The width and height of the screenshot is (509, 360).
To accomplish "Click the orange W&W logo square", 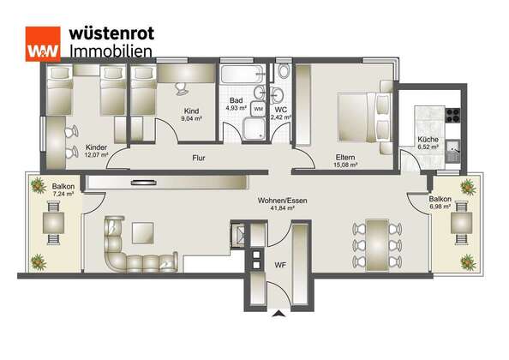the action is [x=43, y=44].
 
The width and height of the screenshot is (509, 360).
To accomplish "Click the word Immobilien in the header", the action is [x=111, y=51].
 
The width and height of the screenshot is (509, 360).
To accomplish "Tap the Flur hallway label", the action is [x=199, y=158].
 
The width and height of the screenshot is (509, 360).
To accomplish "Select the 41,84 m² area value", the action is [x=283, y=208].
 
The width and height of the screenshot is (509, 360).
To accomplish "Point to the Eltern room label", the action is [x=345, y=157].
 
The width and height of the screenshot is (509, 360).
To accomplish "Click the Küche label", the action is [x=428, y=140].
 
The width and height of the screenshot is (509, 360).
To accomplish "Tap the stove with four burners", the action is [x=452, y=115].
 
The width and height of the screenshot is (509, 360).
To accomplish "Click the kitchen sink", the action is [x=452, y=151].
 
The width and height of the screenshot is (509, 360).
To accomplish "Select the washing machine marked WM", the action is [x=259, y=109].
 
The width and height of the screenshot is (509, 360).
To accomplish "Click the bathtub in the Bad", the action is [x=243, y=74].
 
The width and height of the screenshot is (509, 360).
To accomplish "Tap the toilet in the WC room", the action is [x=284, y=71].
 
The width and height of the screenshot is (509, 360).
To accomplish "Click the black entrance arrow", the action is [x=278, y=313].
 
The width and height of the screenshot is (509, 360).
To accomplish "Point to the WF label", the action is [x=280, y=265].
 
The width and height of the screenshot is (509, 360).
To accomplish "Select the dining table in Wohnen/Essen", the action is [x=377, y=245].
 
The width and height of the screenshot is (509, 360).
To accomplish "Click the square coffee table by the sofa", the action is [x=143, y=233].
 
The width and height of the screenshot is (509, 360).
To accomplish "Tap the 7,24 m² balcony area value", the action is [x=63, y=194].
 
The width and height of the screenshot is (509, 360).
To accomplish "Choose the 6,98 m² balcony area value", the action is [x=440, y=207].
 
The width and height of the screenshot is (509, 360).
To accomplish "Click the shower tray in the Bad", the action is [x=254, y=129].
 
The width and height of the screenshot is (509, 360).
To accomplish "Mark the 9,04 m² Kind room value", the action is [x=192, y=118].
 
